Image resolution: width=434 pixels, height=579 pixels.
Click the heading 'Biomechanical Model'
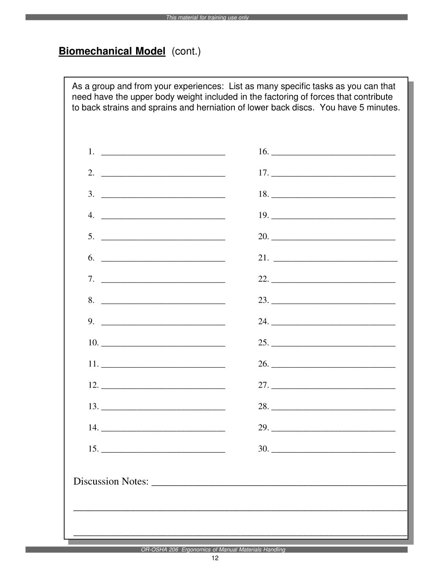[112, 51]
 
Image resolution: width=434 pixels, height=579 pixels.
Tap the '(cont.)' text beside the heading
[186, 51]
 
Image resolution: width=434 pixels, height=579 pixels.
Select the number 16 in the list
[263, 152]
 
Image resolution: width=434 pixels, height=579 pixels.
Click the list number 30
[263, 449]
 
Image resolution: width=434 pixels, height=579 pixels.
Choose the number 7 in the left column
[91, 279]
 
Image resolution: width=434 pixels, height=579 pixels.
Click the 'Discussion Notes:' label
[111, 481]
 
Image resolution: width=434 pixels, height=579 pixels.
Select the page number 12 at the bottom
[214, 558]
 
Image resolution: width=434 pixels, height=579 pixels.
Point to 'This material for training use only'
[207, 18]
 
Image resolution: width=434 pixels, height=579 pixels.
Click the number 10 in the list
[93, 343]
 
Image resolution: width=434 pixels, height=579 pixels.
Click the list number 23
[263, 300]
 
